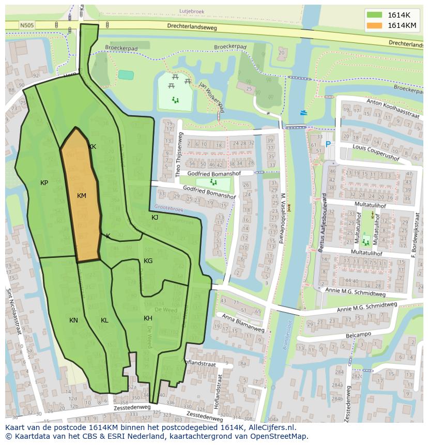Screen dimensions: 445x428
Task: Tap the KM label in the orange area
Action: click(x=81, y=196)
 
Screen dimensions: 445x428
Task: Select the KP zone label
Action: click(x=44, y=183)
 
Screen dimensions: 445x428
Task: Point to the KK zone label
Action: click(x=92, y=147)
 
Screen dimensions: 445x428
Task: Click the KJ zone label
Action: click(x=155, y=218)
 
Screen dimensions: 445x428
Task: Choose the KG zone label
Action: click(x=148, y=261)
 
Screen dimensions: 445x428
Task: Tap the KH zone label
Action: click(x=148, y=318)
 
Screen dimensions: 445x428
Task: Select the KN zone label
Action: click(x=73, y=320)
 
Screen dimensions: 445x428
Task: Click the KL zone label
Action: click(x=104, y=320)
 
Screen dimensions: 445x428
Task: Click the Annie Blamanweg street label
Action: click(x=242, y=323)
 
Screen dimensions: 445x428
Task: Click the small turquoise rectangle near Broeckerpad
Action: click(x=125, y=74)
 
